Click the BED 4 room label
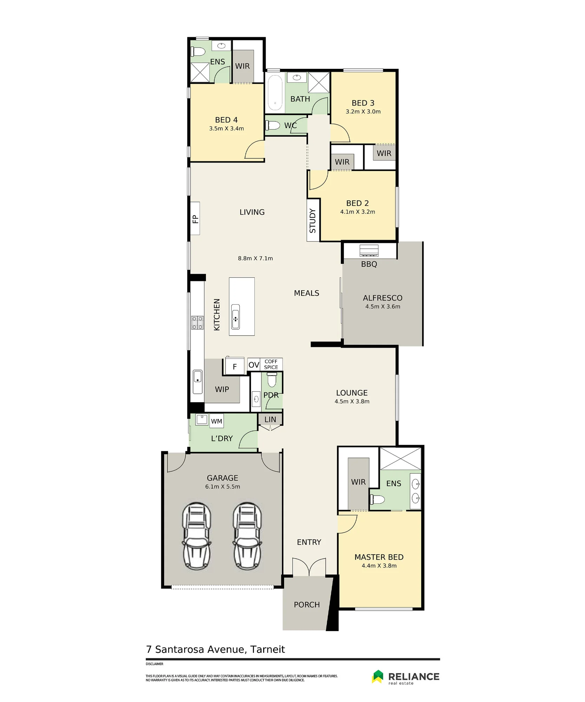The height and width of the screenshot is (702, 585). (x=226, y=120)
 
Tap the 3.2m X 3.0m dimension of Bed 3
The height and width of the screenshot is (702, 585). (x=363, y=112)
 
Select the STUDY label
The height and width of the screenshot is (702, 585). (x=313, y=221)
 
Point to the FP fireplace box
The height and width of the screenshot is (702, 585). (x=195, y=218)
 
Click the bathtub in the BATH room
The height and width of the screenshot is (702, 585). (x=275, y=93)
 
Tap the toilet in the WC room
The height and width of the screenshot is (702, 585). (x=273, y=125)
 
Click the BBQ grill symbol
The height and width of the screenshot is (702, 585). (x=369, y=251)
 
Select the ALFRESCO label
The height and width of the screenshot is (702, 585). (x=383, y=298)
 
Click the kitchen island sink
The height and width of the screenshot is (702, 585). (x=235, y=317)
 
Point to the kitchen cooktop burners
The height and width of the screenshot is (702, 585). (x=197, y=323)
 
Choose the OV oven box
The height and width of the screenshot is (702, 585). (x=254, y=365)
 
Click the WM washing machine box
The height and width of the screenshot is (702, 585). (x=217, y=421)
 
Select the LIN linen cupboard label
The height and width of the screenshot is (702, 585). (x=270, y=419)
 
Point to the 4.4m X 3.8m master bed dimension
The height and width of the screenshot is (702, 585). (x=379, y=566)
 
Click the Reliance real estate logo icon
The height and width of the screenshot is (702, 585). (x=378, y=677)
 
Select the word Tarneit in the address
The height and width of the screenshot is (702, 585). (x=267, y=650)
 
